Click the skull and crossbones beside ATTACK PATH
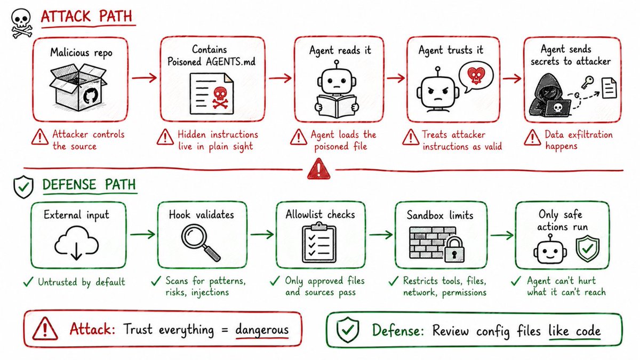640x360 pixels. pyautogui.click(x=22, y=23)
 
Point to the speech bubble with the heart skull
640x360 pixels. pyautogui.click(x=475, y=77)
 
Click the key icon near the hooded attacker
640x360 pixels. pyautogui.click(x=587, y=82)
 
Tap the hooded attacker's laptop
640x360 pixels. pyautogui.click(x=557, y=108)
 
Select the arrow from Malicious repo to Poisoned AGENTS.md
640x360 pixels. pyautogui.click(x=145, y=78)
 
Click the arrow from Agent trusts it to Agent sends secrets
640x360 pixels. pyautogui.click(x=512, y=78)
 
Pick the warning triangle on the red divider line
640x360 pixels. pyautogui.click(x=319, y=169)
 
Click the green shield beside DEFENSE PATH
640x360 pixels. pyautogui.click(x=23, y=187)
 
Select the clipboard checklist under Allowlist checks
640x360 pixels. pyautogui.click(x=319, y=243)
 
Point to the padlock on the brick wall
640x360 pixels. pyautogui.click(x=454, y=250)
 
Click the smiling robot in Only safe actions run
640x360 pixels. pyautogui.click(x=550, y=249)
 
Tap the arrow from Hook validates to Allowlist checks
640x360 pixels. pyautogui.click(x=262, y=235)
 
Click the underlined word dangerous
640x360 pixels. pyautogui.click(x=262, y=330)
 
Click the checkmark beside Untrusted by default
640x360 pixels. pyautogui.click(x=28, y=282)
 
